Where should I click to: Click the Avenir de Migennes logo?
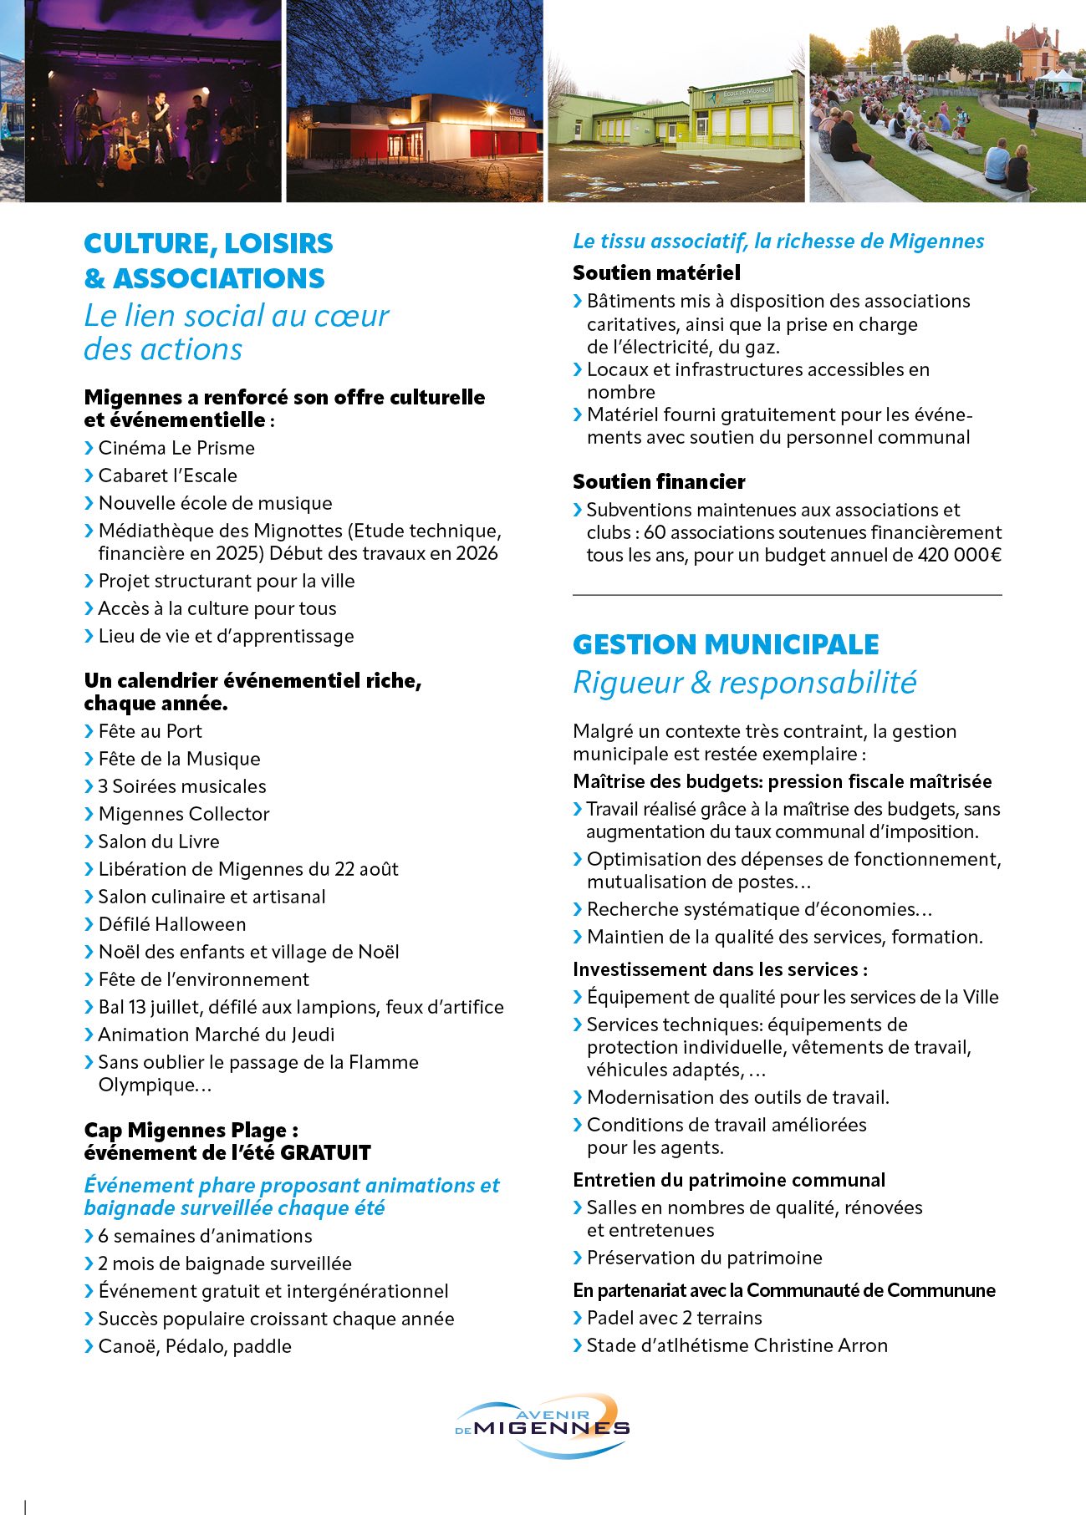pos(543,1425)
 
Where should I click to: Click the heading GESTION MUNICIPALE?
pos(726,644)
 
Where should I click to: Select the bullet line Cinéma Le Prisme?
pos(176,448)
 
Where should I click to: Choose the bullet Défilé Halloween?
pos(172,924)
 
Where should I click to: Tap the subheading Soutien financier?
pos(659,481)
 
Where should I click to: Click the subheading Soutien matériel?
pos(656,272)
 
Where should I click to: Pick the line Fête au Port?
pos(150,731)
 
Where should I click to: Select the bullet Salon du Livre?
pos(159,841)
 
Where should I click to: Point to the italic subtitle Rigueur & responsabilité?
pos(744,683)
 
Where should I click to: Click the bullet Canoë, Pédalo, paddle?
pos(195,1346)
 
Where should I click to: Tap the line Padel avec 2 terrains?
pos(674,1318)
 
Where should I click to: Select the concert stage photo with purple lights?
pos(155,100)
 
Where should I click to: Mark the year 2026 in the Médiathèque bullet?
pos(477,553)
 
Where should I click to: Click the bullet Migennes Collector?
pos(184,814)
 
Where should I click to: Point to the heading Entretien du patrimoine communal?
pos(728,1180)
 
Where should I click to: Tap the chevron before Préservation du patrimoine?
pos(578,1258)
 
